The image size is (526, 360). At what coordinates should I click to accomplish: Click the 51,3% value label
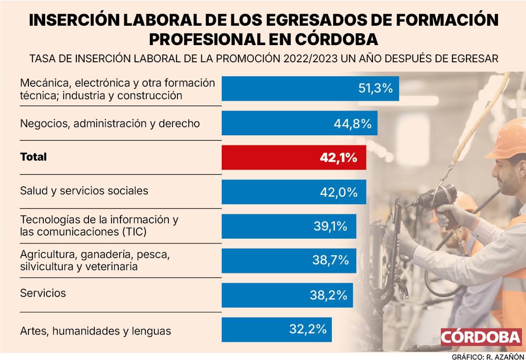(375, 88)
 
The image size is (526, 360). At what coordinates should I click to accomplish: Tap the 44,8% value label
(352, 124)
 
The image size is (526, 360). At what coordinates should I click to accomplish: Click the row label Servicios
(43, 293)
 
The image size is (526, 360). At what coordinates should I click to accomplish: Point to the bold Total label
(33, 157)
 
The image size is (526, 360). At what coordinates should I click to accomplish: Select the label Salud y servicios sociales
(84, 191)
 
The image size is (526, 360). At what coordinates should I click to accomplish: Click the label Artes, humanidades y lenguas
(95, 331)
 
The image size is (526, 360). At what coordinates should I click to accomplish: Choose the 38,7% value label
(331, 260)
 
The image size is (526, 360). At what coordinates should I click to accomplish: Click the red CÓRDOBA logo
(480, 337)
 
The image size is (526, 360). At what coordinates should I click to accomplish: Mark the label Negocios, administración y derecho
(110, 124)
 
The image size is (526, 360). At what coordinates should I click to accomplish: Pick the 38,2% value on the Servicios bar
(328, 295)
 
